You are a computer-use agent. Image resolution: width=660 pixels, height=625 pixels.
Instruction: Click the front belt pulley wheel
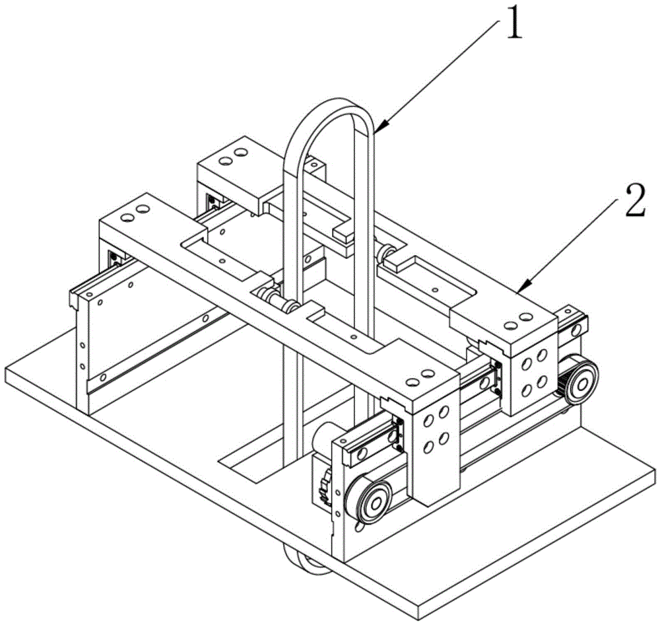click(372, 503)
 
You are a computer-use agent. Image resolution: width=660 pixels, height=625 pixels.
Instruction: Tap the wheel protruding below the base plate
click(308, 560)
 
